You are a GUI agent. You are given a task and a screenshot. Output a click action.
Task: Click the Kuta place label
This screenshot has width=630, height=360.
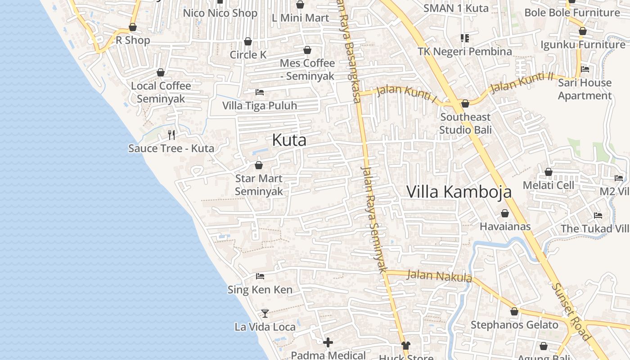pos(289,140)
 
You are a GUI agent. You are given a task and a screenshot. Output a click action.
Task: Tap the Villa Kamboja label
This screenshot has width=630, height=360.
pos(459,192)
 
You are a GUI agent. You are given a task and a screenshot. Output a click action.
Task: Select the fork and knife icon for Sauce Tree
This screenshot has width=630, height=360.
pos(171,135)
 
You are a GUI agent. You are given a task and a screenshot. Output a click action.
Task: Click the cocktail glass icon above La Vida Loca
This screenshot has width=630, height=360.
pos(265,313)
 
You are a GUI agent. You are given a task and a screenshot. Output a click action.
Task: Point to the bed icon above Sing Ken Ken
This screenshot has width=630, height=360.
pos(260,276)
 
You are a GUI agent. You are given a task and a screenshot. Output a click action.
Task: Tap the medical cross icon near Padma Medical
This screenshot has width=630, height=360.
pos(328,343)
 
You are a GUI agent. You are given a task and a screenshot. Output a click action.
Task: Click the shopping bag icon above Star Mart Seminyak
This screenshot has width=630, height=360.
pos(259,165)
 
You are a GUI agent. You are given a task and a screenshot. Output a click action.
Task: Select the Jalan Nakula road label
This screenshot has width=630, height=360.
pos(439,275)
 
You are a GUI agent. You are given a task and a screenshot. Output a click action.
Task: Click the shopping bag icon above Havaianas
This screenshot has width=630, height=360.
pos(505,213)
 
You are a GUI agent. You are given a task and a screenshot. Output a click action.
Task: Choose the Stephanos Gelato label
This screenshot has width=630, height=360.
pos(514,325)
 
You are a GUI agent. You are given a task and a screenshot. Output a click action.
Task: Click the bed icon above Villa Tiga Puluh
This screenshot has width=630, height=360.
pos(260,92)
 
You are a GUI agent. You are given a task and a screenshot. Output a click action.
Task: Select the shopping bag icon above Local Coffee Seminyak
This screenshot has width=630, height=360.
pos(161,72)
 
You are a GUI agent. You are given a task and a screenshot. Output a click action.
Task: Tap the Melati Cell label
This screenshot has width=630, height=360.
pos(548,185)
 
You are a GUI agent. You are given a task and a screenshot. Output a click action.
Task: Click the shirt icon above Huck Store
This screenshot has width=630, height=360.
pos(406,345)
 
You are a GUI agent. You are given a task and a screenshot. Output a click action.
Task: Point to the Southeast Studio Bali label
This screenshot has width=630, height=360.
pos(465,123)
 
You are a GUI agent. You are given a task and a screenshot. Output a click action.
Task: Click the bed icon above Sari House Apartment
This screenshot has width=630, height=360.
pos(585,69)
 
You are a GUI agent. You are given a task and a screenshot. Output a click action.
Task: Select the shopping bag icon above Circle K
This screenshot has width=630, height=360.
pos(248,42)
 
